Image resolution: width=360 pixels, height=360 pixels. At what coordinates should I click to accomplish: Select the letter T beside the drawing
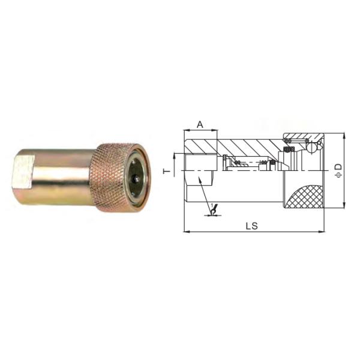click(x=169, y=170)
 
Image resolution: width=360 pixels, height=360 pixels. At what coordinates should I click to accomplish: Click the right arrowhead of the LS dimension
click(x=323, y=230)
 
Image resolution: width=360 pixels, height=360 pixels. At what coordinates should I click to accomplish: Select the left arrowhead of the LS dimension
click(x=185, y=230)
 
